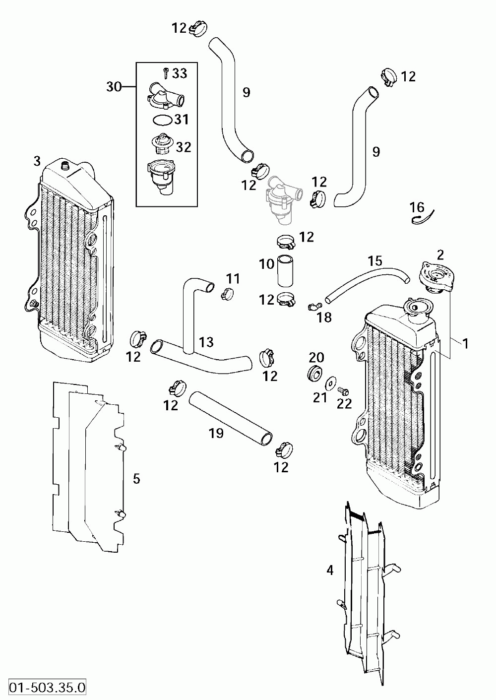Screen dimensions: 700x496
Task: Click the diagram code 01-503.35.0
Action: tap(44, 688)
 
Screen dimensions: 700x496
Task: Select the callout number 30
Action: tap(114, 87)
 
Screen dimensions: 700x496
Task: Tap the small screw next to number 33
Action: tap(165, 73)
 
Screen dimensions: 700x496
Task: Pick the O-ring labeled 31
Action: tap(162, 120)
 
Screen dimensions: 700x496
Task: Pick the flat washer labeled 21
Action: tap(329, 383)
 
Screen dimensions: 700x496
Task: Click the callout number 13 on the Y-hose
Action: tap(206, 342)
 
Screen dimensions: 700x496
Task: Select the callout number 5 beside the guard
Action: tap(136, 479)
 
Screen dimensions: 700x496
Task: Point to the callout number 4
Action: tap(330, 571)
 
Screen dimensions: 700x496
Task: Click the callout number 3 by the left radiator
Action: tap(37, 161)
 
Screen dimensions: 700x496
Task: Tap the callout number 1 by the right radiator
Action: tap(466, 342)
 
